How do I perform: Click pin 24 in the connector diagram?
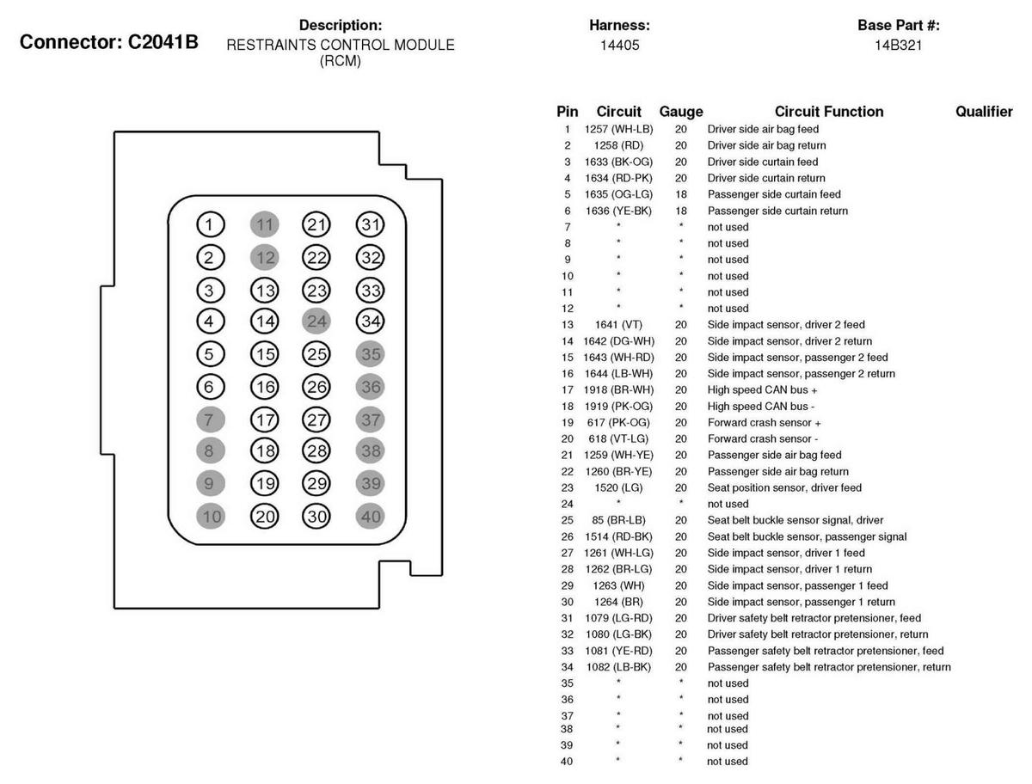point(316,322)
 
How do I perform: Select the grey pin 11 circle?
point(265,225)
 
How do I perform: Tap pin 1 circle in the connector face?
point(210,225)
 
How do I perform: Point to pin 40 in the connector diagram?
point(371,516)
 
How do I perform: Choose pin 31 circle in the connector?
point(371,225)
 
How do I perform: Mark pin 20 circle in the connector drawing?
point(265,516)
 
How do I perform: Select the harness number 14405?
point(619,45)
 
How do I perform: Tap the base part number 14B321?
point(898,45)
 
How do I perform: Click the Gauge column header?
point(680,112)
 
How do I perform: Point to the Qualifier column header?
point(984,112)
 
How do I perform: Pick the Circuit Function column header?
point(828,112)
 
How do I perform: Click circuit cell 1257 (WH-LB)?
point(618,129)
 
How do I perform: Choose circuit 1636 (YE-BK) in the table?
point(618,211)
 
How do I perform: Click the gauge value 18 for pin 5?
point(680,194)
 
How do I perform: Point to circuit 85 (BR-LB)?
point(618,520)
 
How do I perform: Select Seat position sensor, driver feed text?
point(784,487)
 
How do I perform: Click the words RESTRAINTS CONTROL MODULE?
point(341,45)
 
